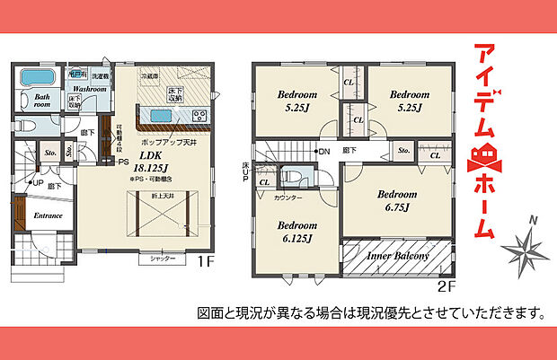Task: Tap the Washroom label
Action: coord(90,90)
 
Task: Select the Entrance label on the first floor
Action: coord(47,216)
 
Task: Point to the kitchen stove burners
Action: coord(199,115)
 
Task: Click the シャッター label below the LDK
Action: coord(163,258)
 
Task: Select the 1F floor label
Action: coord(204,262)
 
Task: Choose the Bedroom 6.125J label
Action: coord(295,232)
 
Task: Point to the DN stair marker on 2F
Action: coord(323,152)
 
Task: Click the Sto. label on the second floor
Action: coord(404,152)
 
